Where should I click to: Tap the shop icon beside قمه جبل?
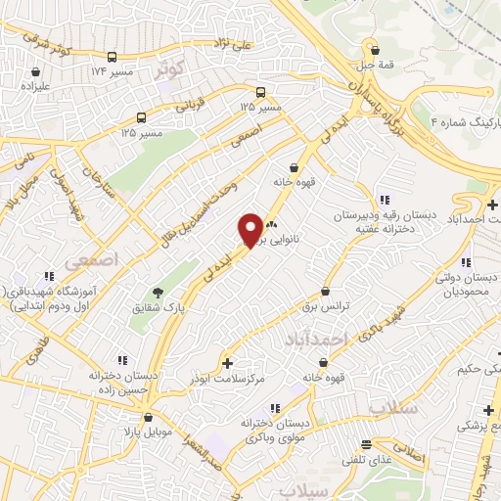pyautogui.click(x=373, y=46)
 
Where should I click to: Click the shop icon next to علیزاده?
pyautogui.click(x=36, y=71)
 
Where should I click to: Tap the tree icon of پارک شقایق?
pyautogui.click(x=157, y=292)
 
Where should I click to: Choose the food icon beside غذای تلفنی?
pyautogui.click(x=367, y=442)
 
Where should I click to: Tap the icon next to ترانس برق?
pyautogui.click(x=327, y=291)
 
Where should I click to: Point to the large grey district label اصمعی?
pyautogui.click(x=90, y=261)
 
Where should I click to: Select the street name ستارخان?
pyautogui.click(x=98, y=182)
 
